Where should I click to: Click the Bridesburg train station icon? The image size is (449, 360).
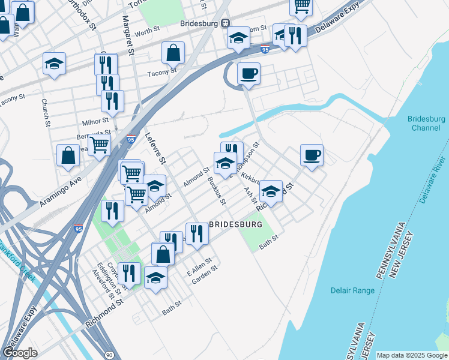point(225,23)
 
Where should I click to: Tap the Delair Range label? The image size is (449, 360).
point(352,290)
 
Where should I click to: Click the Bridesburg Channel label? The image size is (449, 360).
point(426,123)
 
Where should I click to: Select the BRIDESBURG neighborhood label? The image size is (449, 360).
point(236,224)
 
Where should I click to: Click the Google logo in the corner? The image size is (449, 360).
point(20,353)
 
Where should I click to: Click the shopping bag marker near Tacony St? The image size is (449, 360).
point(173,53)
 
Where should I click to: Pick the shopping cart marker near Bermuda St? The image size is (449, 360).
point(99,145)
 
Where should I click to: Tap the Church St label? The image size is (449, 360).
point(45,112)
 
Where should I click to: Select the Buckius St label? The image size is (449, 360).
point(215,190)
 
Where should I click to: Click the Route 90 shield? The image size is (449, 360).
point(108,355)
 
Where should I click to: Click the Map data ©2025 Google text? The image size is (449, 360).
point(412,355)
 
